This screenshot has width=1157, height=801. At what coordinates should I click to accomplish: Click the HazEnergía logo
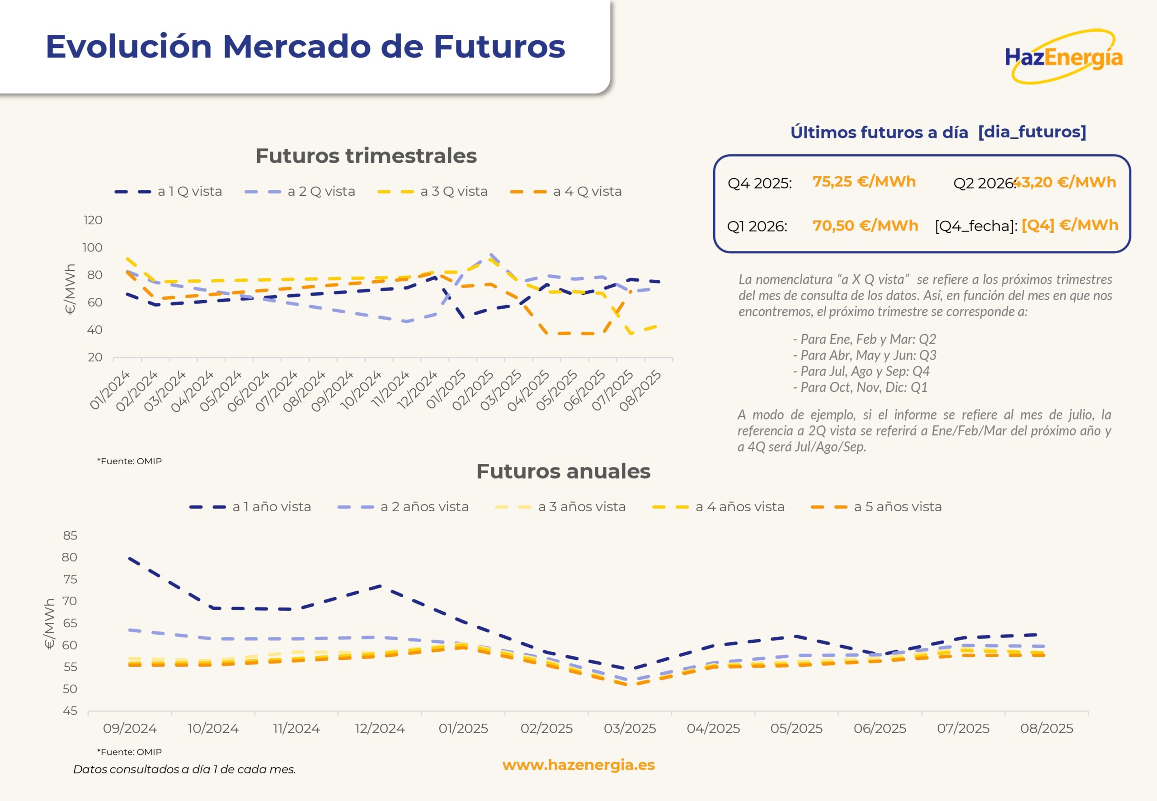[x=1064, y=57]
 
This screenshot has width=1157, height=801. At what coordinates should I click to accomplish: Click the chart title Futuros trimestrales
[x=366, y=155]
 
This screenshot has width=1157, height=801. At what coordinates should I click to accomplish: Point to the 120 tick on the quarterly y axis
[x=93, y=220]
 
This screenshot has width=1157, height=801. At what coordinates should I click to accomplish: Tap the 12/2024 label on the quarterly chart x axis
[x=417, y=391]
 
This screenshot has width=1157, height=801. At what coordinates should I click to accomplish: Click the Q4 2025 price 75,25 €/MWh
[x=864, y=182]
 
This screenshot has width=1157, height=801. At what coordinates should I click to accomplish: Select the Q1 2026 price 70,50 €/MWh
[x=865, y=226]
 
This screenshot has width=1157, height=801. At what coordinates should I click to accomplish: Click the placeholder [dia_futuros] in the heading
[x=1032, y=132]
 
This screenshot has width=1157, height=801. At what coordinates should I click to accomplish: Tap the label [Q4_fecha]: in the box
[x=976, y=226]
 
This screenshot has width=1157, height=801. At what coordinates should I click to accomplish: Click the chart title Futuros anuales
[x=563, y=471]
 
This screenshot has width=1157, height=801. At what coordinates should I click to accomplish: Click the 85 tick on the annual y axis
[x=70, y=536]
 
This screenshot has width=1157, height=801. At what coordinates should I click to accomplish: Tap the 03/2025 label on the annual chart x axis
[x=630, y=728]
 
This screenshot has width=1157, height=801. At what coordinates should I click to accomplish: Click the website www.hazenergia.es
[x=578, y=765]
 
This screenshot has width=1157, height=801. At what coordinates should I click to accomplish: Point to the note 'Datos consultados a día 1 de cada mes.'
[x=184, y=769]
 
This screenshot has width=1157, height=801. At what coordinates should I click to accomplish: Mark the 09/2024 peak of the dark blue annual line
[x=130, y=558]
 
